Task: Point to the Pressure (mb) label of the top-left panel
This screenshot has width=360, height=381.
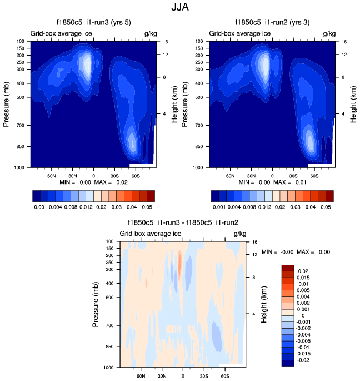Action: coord(7,103)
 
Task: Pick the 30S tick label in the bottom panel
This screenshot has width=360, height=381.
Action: coord(204,375)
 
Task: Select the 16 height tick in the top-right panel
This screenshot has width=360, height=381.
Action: coord(344,42)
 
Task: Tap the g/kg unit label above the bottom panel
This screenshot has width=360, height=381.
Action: coord(240,234)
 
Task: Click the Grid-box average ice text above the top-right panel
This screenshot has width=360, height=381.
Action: coord(240,33)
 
